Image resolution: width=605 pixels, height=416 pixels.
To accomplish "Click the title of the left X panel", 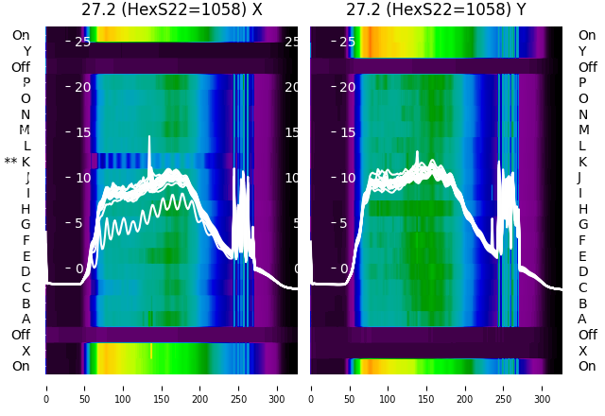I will click(171, 10).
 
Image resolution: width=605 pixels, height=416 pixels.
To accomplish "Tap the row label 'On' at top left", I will click(21, 35).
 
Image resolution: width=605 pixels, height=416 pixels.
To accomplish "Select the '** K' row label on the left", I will click(18, 162).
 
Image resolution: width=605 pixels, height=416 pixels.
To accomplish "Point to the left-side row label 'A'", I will click(26, 320).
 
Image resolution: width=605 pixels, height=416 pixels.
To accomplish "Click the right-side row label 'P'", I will click(582, 83).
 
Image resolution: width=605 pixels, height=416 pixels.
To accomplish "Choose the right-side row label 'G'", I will click(582, 225).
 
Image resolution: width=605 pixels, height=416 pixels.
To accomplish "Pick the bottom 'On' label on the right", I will click(587, 366).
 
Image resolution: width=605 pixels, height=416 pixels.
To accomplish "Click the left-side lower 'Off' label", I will click(21, 335).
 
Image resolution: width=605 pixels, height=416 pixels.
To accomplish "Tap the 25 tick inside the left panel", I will click(82, 42).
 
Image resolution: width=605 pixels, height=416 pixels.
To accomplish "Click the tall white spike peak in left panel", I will click(149, 137).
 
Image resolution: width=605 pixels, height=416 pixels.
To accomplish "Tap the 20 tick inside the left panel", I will click(82, 87).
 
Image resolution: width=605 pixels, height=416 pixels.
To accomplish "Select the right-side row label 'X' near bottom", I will click(582, 351).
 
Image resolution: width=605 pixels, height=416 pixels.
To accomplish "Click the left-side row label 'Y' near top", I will click(26, 51).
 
